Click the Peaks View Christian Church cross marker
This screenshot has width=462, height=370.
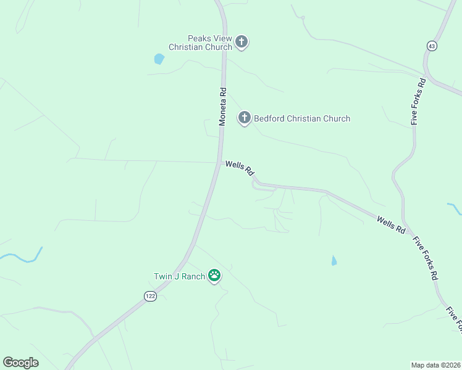click(x=241, y=42)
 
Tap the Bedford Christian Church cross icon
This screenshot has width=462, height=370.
click(x=245, y=117)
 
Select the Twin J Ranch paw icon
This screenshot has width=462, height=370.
click(x=214, y=275)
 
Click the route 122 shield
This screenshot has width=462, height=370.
click(x=149, y=297)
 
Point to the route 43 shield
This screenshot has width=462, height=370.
click(x=431, y=46)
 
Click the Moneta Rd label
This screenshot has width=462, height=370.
click(x=223, y=107)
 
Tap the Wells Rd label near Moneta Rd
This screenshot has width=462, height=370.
click(x=240, y=167)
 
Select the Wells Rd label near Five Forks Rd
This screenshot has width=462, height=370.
click(x=391, y=224)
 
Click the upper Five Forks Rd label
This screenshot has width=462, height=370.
click(x=418, y=102)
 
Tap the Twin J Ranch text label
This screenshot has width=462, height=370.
click(x=179, y=276)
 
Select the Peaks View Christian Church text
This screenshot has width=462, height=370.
click(x=201, y=43)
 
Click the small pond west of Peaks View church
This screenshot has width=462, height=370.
click(x=159, y=59)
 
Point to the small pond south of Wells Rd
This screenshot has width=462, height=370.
click(x=334, y=261)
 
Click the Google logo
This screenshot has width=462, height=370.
click(x=20, y=363)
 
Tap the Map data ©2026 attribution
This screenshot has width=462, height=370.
click(x=436, y=364)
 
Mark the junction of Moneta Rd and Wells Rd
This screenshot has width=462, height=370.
click(x=221, y=162)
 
